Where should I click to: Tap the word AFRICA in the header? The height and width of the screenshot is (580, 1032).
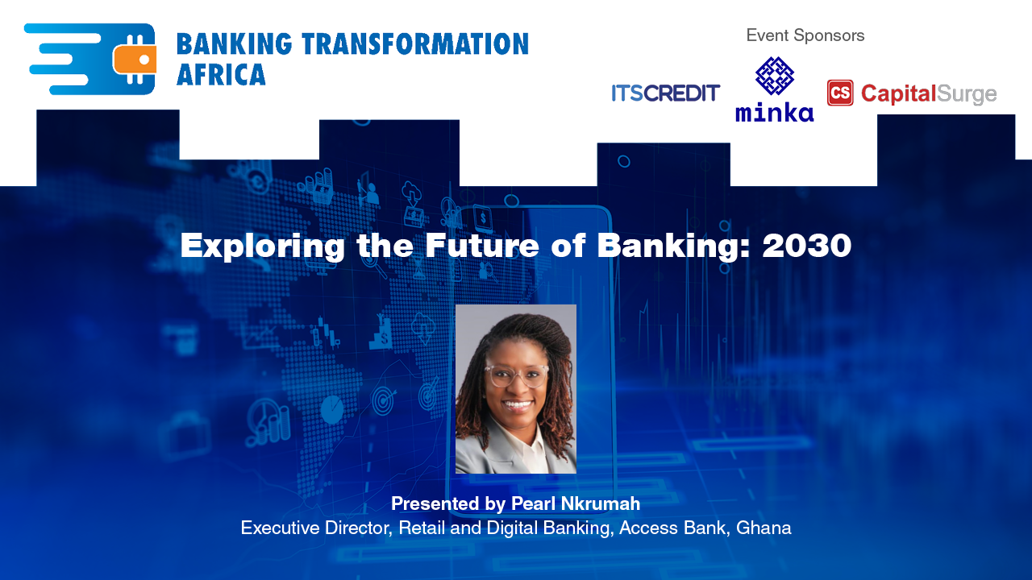(221, 75)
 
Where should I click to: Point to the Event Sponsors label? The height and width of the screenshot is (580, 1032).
(805, 35)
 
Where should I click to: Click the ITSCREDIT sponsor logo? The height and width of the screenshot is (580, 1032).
(665, 93)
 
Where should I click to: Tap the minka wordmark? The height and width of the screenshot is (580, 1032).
(774, 112)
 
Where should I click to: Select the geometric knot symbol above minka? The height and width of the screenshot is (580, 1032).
(774, 76)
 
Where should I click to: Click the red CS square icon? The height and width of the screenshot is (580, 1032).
(840, 93)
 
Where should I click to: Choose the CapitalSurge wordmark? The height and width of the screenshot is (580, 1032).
(929, 94)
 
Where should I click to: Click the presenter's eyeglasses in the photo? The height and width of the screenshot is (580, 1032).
(516, 375)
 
